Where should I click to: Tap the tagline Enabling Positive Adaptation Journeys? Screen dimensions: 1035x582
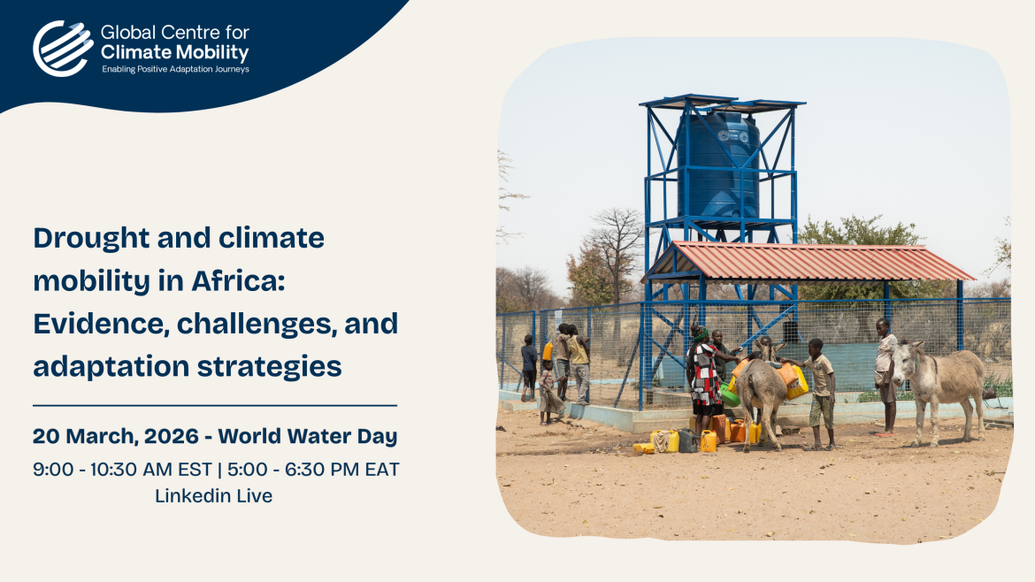(x=175, y=69)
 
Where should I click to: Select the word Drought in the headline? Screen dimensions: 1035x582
(x=91, y=238)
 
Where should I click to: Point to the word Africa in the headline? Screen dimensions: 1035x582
(x=238, y=281)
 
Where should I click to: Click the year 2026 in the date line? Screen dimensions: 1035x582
(x=171, y=436)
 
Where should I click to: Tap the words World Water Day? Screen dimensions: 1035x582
(x=308, y=436)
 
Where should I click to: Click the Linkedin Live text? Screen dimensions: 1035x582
(x=214, y=495)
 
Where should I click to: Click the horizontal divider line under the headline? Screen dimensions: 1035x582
(x=215, y=405)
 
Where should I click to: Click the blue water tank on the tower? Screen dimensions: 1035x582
(x=717, y=165)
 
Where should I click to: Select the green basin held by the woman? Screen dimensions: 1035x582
(x=730, y=395)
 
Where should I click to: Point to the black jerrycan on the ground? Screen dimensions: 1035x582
(x=688, y=440)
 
